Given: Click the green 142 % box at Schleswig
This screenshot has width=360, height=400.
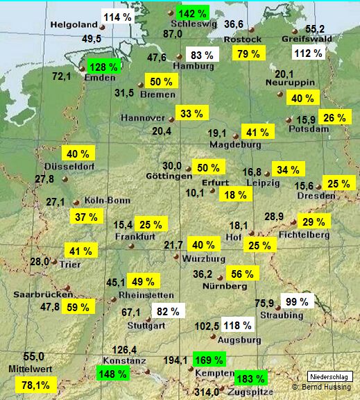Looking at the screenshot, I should [x=191, y=14].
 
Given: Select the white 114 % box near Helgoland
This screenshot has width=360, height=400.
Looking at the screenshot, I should [x=118, y=16].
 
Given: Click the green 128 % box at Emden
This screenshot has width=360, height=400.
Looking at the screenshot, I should [x=103, y=67].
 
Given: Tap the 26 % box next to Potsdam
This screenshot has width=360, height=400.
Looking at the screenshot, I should [x=333, y=117].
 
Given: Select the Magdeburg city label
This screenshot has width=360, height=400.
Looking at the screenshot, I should [x=238, y=145].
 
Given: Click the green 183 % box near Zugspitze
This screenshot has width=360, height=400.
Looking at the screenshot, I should [x=250, y=378].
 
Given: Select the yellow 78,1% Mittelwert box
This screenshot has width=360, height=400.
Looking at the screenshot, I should [x=35, y=384].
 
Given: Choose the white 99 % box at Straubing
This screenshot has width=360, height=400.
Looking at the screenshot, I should [x=296, y=301].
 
